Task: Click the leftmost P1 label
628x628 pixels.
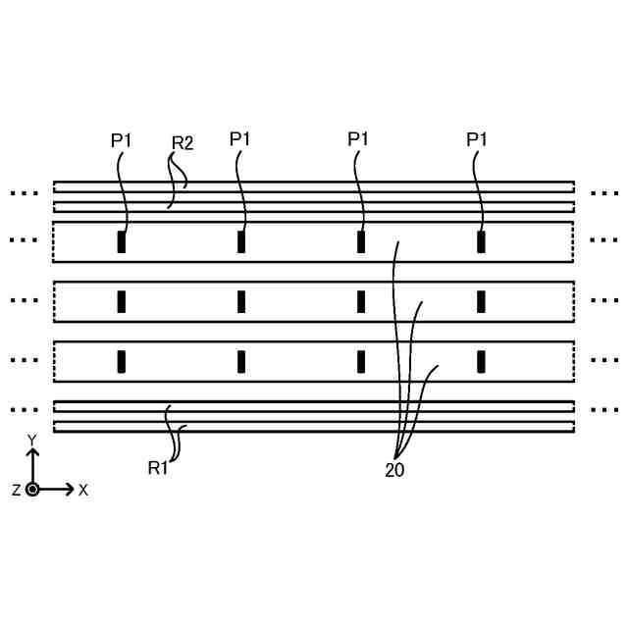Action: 121,140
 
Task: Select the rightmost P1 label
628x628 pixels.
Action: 477,140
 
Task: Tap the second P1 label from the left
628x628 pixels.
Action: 240,139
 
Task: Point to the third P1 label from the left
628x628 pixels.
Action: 358,139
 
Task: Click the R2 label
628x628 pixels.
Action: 183,143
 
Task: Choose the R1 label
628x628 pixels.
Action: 158,468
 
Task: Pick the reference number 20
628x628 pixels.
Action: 394,470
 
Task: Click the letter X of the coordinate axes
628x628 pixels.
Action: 83,490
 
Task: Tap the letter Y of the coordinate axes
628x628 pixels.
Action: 32,440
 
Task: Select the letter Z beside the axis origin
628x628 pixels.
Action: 17,490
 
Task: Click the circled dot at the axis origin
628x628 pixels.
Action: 32,489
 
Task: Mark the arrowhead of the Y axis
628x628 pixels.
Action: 32,453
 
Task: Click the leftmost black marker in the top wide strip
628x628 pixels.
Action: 122,242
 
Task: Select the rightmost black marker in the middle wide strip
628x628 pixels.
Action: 481,301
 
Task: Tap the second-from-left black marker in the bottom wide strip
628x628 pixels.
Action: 241,361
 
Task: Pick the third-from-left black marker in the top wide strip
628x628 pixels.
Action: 361,242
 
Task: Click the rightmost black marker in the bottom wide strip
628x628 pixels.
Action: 481,361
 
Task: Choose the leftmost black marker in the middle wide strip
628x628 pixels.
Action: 122,301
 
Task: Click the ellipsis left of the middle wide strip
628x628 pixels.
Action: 24,299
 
